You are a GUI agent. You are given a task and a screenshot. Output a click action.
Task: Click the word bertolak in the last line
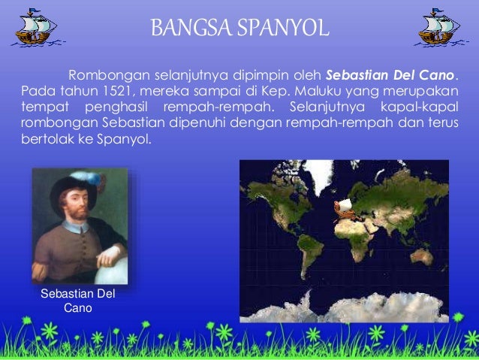42,139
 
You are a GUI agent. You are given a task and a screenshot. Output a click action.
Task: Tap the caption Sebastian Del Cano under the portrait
77,301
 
